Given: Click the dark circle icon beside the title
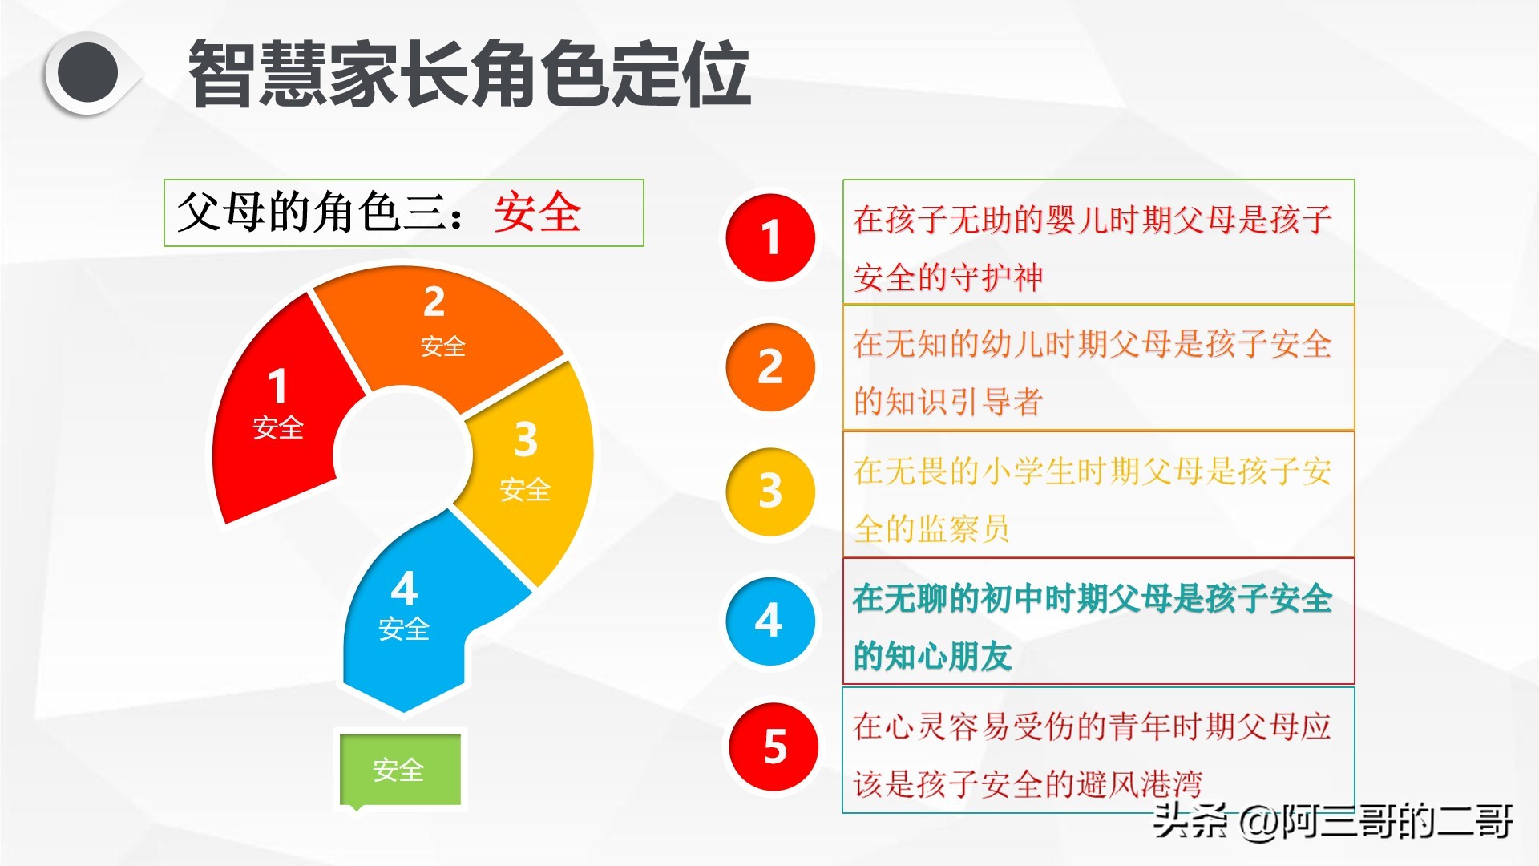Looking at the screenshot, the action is click(x=88, y=74).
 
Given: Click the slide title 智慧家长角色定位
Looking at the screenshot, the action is click(x=470, y=74).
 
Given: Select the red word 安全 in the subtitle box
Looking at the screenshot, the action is click(x=537, y=212).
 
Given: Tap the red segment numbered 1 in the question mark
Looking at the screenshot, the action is click(x=281, y=409).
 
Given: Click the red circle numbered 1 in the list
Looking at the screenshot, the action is click(x=770, y=238).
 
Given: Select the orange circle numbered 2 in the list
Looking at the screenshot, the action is click(x=770, y=367).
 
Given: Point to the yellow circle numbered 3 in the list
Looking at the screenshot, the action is click(x=770, y=492).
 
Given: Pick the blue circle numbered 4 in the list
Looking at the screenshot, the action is click(x=770, y=621).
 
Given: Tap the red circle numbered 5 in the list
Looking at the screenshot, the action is click(x=774, y=747).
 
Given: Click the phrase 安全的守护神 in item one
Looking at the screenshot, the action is click(x=948, y=277).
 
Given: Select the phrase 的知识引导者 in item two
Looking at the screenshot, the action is click(x=948, y=401).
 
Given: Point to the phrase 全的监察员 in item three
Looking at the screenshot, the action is click(x=931, y=528).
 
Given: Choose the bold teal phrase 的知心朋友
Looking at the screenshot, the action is click(x=933, y=656).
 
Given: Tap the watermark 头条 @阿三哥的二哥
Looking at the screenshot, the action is click(x=1333, y=821).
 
